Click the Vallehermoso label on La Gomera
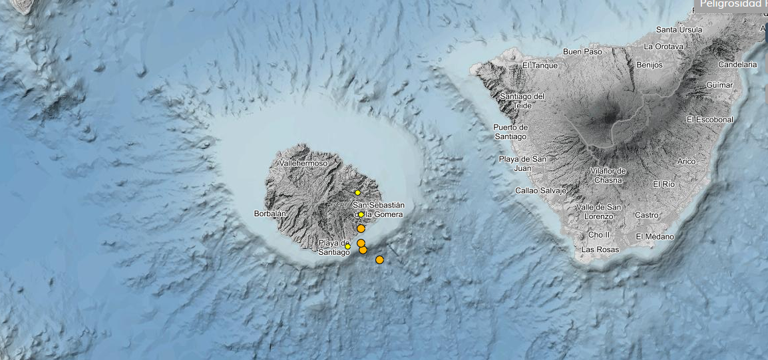coord(303,163)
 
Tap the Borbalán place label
coord(270,214)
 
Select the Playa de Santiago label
coord(333,247)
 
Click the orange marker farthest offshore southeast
coord(379,260)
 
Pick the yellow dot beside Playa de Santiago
coord(347,246)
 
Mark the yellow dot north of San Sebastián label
coord(357,192)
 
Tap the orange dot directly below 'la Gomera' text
coord(361,228)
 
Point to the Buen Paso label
coord(582,51)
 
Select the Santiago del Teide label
coord(522,100)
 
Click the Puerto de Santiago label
coord(510,132)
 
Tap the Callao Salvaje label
coord(540,190)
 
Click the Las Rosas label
coord(600,250)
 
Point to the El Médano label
coord(655,236)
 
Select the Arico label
coord(685,161)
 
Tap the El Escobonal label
coord(709,120)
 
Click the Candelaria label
coord(737,65)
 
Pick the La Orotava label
coord(664,47)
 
